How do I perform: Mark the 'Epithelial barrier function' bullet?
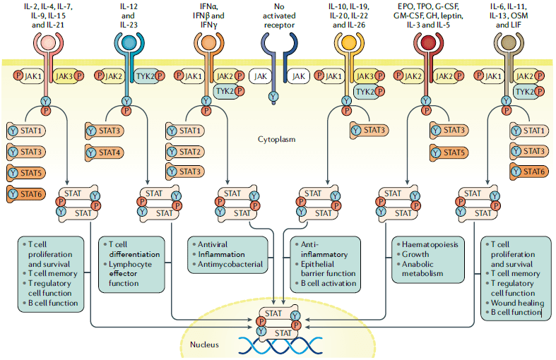point(322,269)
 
